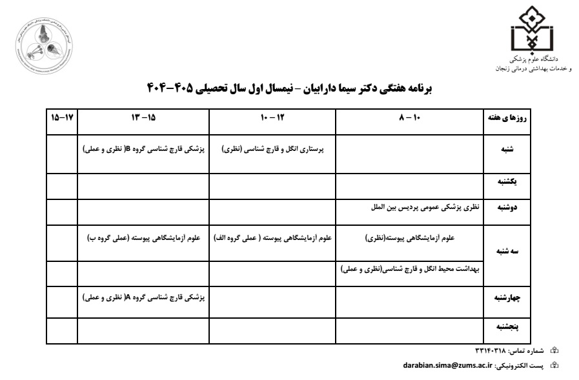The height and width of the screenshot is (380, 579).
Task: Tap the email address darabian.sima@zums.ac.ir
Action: [447, 365]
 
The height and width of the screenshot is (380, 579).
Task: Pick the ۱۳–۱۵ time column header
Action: [143, 119]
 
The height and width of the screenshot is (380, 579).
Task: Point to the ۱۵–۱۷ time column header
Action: [63, 119]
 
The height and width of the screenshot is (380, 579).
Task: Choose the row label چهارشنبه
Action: [507, 298]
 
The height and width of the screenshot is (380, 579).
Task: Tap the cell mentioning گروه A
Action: [144, 297]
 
